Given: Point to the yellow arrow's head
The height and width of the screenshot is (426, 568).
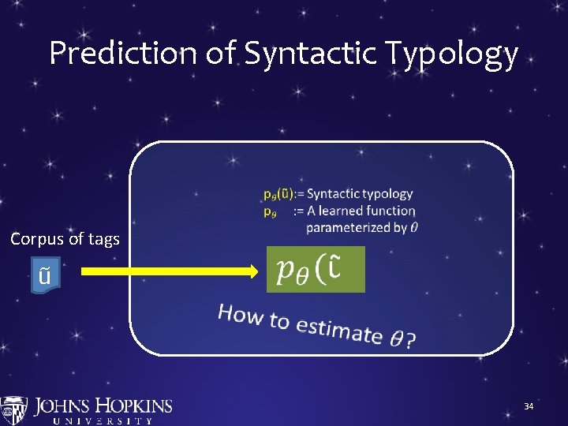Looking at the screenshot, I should pyautogui.click(x=254, y=271).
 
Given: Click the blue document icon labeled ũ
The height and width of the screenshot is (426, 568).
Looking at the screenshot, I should pyautogui.click(x=45, y=275).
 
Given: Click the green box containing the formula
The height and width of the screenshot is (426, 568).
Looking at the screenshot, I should pyautogui.click(x=316, y=270).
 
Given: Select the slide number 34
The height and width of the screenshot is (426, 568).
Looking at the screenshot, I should pyautogui.click(x=529, y=406).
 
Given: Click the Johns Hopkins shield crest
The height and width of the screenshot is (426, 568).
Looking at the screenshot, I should pyautogui.click(x=13, y=411).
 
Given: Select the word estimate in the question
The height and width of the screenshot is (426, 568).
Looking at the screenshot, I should pyautogui.click(x=341, y=330).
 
